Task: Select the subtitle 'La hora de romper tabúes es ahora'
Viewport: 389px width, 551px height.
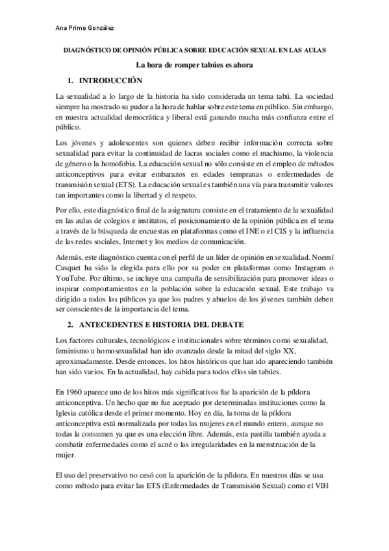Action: pyautogui.click(x=194, y=65)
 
